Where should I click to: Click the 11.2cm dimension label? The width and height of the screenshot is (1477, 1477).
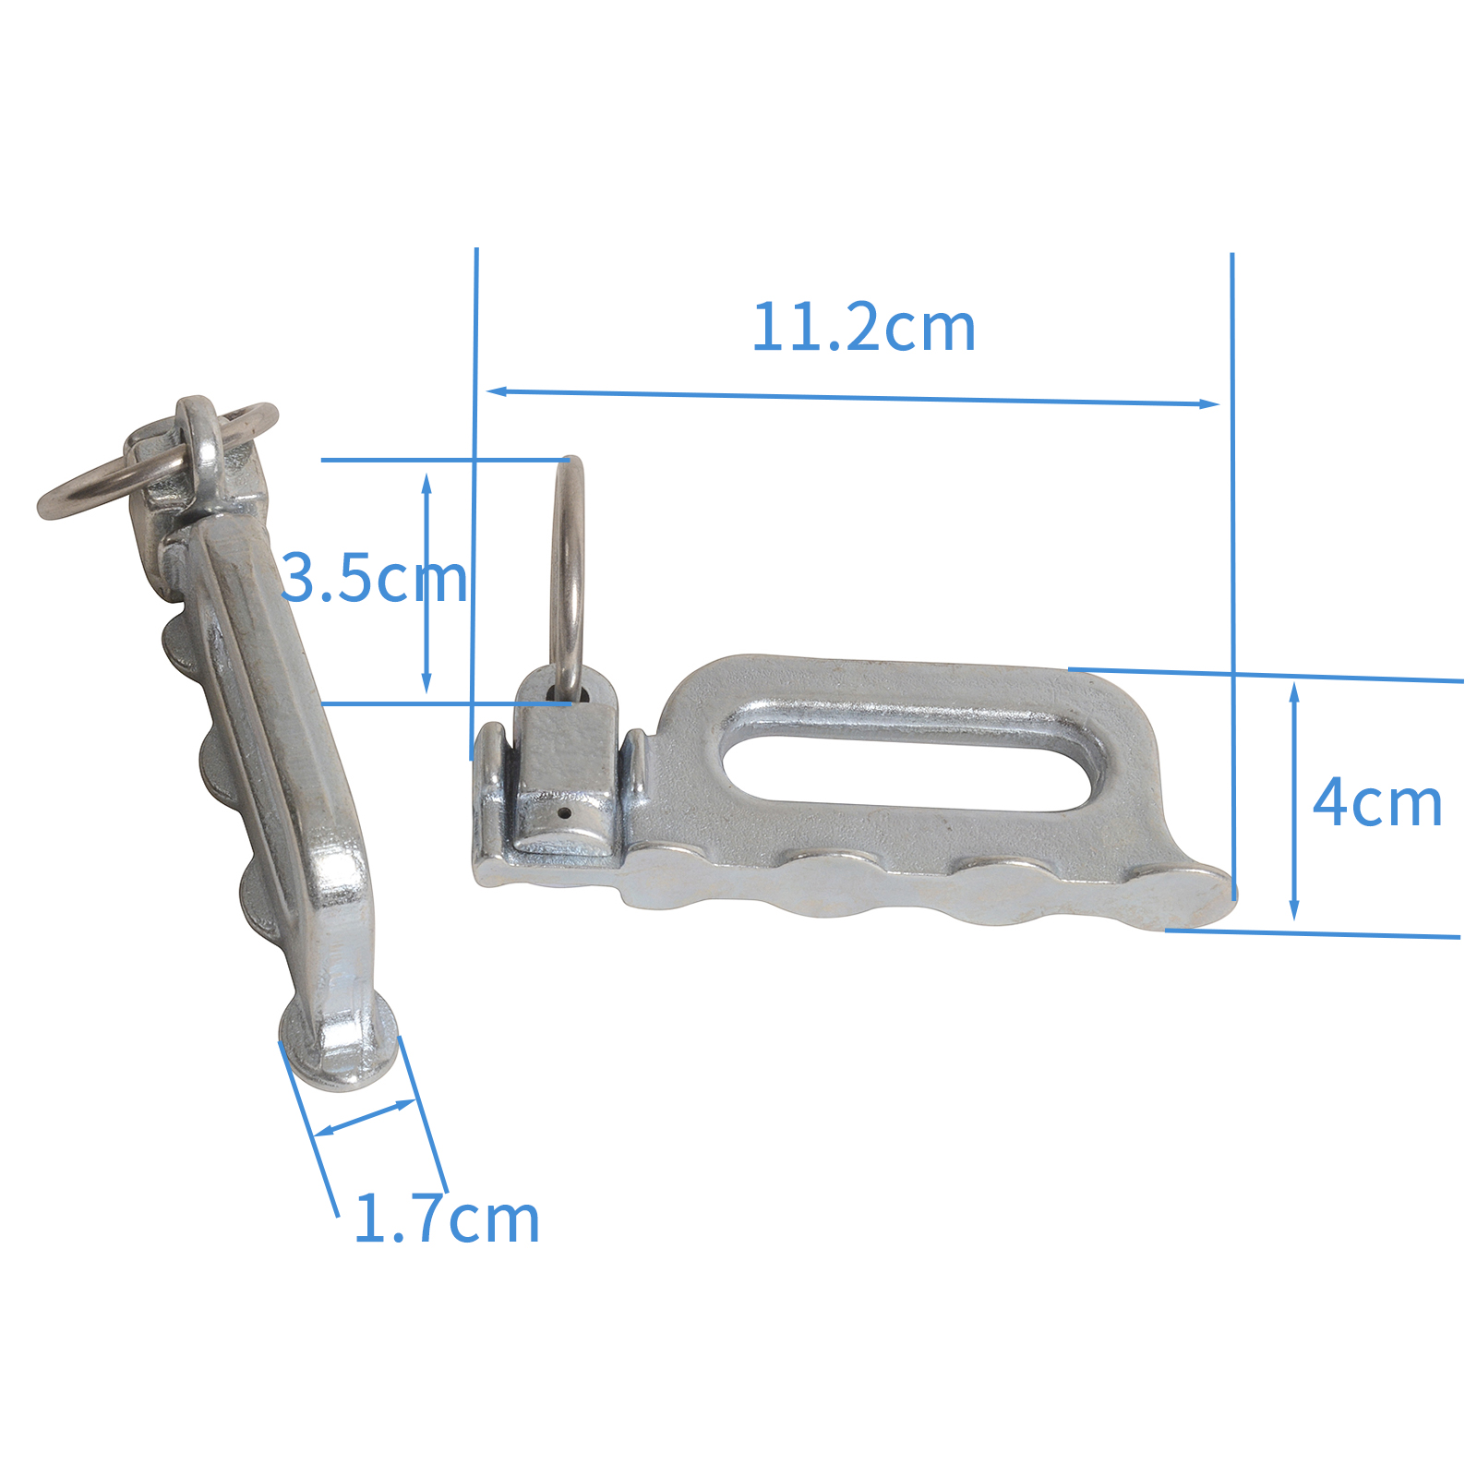point(863,328)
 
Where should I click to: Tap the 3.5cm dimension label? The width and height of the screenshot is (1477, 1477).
point(374,579)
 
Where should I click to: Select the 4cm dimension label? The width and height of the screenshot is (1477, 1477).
point(1376,803)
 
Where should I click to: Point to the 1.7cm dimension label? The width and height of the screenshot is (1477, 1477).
point(447,1219)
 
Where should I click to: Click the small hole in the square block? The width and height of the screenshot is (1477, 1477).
point(564,814)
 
